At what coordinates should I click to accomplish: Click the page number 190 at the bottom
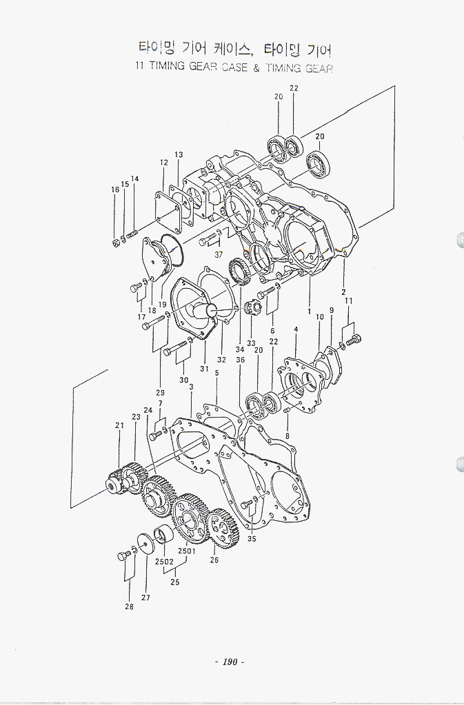pyautogui.click(x=230, y=662)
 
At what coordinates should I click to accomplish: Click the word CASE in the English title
pyautogui.click(x=235, y=67)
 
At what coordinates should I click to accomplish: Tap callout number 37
pyautogui.click(x=219, y=254)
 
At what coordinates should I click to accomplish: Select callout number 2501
pyautogui.click(x=187, y=551)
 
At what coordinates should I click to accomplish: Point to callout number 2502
pyautogui.click(x=164, y=562)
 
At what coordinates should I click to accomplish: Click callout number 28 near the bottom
pyautogui.click(x=130, y=606)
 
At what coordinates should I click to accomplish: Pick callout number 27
pyautogui.click(x=145, y=597)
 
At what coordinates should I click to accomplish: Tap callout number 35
pyautogui.click(x=252, y=539)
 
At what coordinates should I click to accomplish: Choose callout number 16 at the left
pyautogui.click(x=115, y=190)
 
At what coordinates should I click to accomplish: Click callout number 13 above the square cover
pyautogui.click(x=179, y=154)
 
